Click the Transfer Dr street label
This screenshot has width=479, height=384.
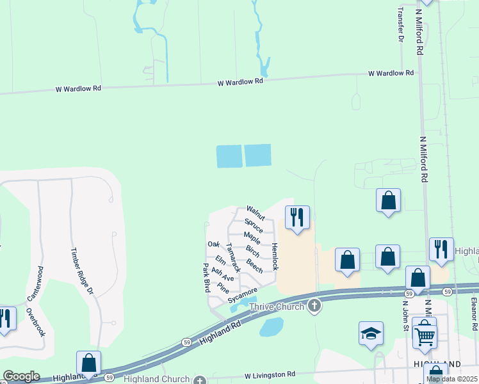(x=401, y=24)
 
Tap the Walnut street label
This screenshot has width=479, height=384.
(x=256, y=213)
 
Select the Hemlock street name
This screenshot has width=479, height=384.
(x=274, y=256)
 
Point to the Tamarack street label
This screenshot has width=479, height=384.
(x=233, y=257)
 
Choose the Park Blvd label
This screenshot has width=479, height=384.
(x=207, y=274)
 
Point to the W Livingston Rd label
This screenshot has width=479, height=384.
(x=270, y=374)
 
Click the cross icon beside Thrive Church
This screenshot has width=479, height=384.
(x=314, y=305)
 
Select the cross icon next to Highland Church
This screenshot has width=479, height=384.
(x=200, y=380)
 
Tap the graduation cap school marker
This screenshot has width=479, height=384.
(x=371, y=333)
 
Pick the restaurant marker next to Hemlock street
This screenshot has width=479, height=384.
(x=297, y=218)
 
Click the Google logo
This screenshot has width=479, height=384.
(x=22, y=376)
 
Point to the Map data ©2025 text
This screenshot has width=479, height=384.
(x=452, y=379)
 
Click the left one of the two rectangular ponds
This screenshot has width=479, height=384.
(x=229, y=156)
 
